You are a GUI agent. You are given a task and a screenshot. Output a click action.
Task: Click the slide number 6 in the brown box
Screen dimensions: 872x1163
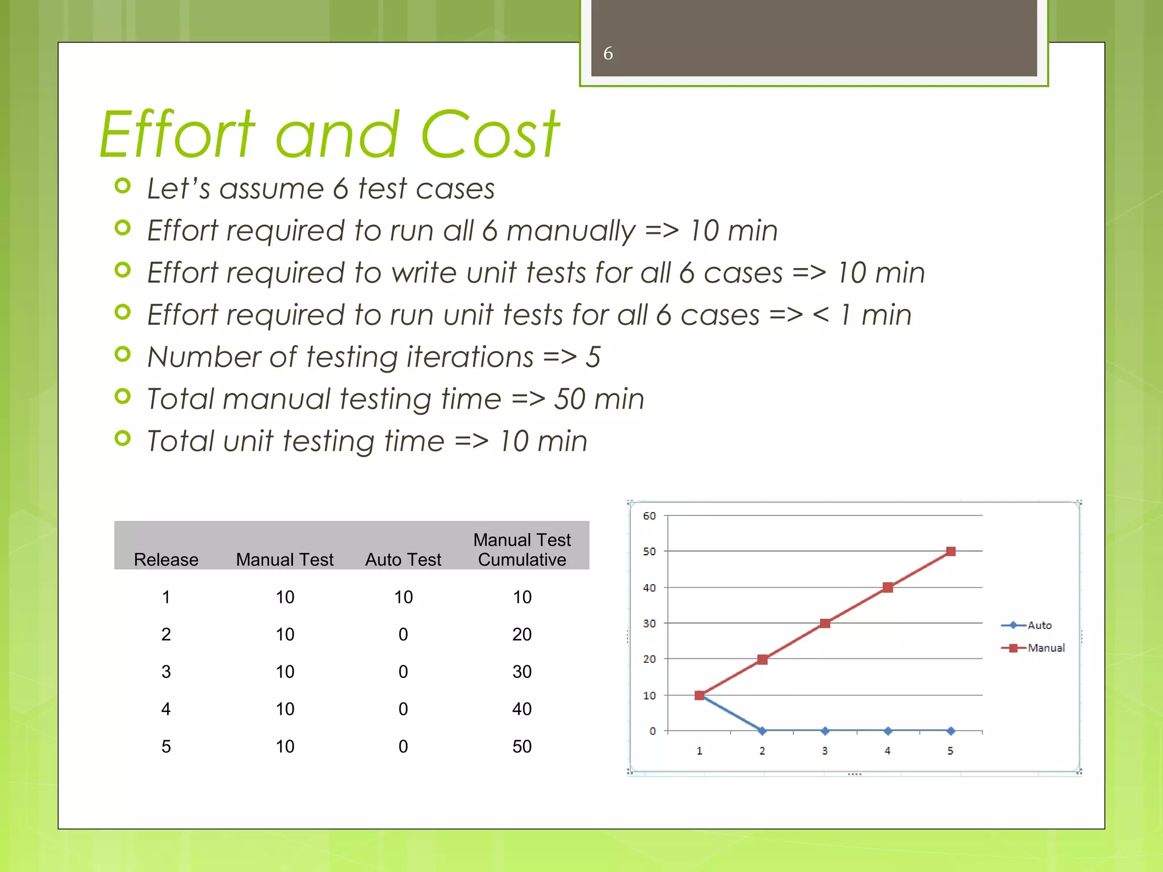point(608,53)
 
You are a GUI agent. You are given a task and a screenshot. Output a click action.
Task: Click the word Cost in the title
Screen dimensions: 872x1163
point(490,135)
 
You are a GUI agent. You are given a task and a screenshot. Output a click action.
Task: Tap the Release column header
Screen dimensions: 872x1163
point(166,559)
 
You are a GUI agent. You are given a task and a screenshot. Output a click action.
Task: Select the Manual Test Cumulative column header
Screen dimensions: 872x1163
point(522,549)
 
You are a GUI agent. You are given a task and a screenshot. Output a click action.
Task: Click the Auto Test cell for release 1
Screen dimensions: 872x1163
point(403,597)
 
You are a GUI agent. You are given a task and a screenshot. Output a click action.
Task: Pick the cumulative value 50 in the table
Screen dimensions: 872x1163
point(522,746)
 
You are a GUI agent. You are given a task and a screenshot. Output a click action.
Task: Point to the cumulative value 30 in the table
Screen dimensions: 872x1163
point(522,672)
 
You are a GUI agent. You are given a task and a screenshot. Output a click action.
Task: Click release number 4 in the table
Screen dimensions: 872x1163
point(166,708)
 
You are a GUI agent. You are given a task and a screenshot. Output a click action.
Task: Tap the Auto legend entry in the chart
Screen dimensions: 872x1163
point(1039,625)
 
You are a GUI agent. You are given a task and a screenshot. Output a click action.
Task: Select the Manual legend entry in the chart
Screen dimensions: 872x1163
point(1045,648)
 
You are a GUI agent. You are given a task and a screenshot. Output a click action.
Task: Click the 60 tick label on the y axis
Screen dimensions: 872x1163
point(649,515)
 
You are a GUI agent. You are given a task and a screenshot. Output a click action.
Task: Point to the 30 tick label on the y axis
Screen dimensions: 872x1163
point(649,623)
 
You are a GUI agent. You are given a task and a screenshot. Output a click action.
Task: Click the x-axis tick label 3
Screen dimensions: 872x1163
point(825,751)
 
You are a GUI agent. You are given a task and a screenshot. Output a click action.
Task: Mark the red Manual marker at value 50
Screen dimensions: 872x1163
point(951,551)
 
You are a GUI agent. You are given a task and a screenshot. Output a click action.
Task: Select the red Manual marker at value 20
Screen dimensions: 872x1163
point(762,659)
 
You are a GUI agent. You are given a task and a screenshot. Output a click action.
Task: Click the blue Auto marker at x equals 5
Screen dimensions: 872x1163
point(951,731)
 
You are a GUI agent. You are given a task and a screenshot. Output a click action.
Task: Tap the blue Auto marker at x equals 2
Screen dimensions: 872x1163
point(762,731)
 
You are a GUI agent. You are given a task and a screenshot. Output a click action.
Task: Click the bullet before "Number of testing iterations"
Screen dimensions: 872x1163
point(123,354)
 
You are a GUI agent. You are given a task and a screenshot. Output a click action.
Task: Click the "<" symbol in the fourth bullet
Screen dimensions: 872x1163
point(821,315)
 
